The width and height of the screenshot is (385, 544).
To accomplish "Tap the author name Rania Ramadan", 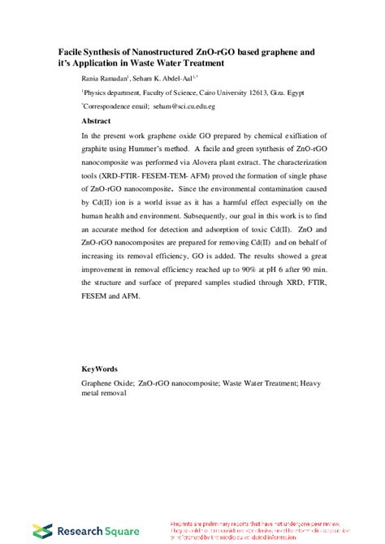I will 103,77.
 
